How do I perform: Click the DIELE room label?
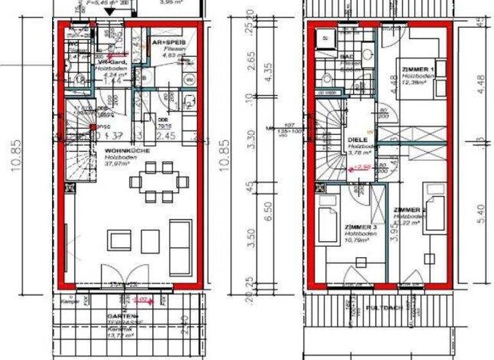tap(358, 139)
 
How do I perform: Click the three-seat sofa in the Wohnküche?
tap(179, 237)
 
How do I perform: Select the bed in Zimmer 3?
tap(329, 222)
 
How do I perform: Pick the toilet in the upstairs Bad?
tap(325, 78)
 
